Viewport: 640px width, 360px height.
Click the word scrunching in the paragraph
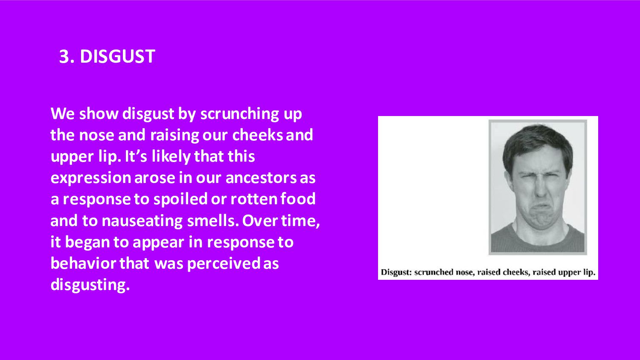(240, 114)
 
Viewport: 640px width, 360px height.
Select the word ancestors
(261, 178)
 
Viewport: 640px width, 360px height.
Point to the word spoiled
(180, 199)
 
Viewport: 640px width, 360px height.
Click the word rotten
(254, 199)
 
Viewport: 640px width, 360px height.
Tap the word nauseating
(142, 221)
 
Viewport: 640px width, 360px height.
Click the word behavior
(83, 264)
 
